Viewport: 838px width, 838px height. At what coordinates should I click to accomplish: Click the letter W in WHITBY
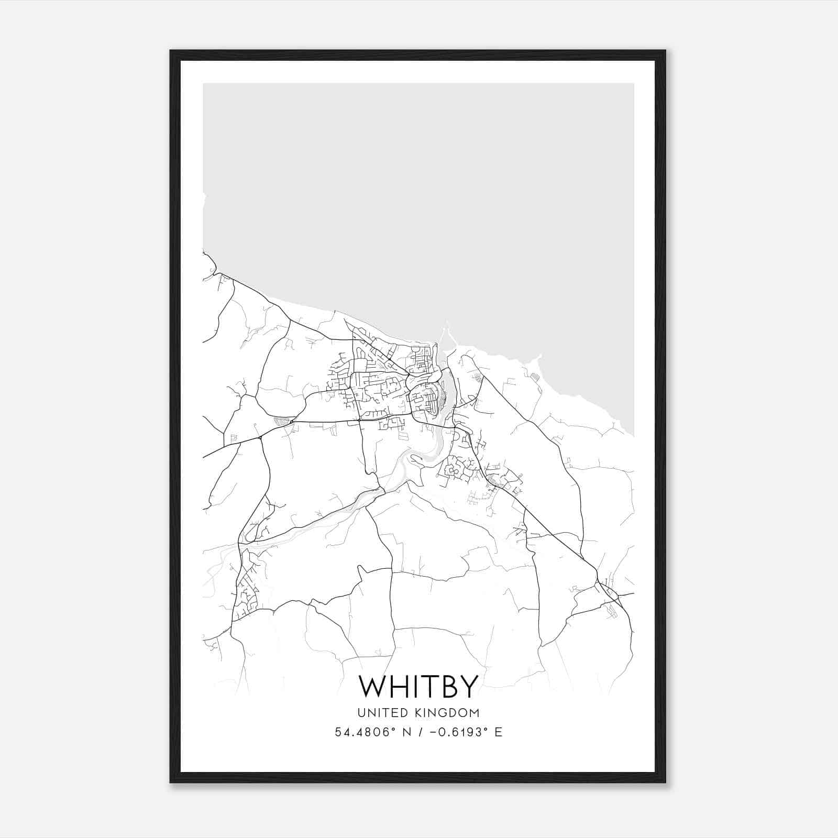[x=372, y=686]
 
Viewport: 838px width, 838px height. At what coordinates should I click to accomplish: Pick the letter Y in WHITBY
[x=469, y=686]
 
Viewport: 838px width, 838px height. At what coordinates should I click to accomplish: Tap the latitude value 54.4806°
[x=362, y=732]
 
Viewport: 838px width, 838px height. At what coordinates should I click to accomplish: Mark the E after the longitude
[x=499, y=732]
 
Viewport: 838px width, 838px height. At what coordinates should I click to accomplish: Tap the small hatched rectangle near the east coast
[x=534, y=376]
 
